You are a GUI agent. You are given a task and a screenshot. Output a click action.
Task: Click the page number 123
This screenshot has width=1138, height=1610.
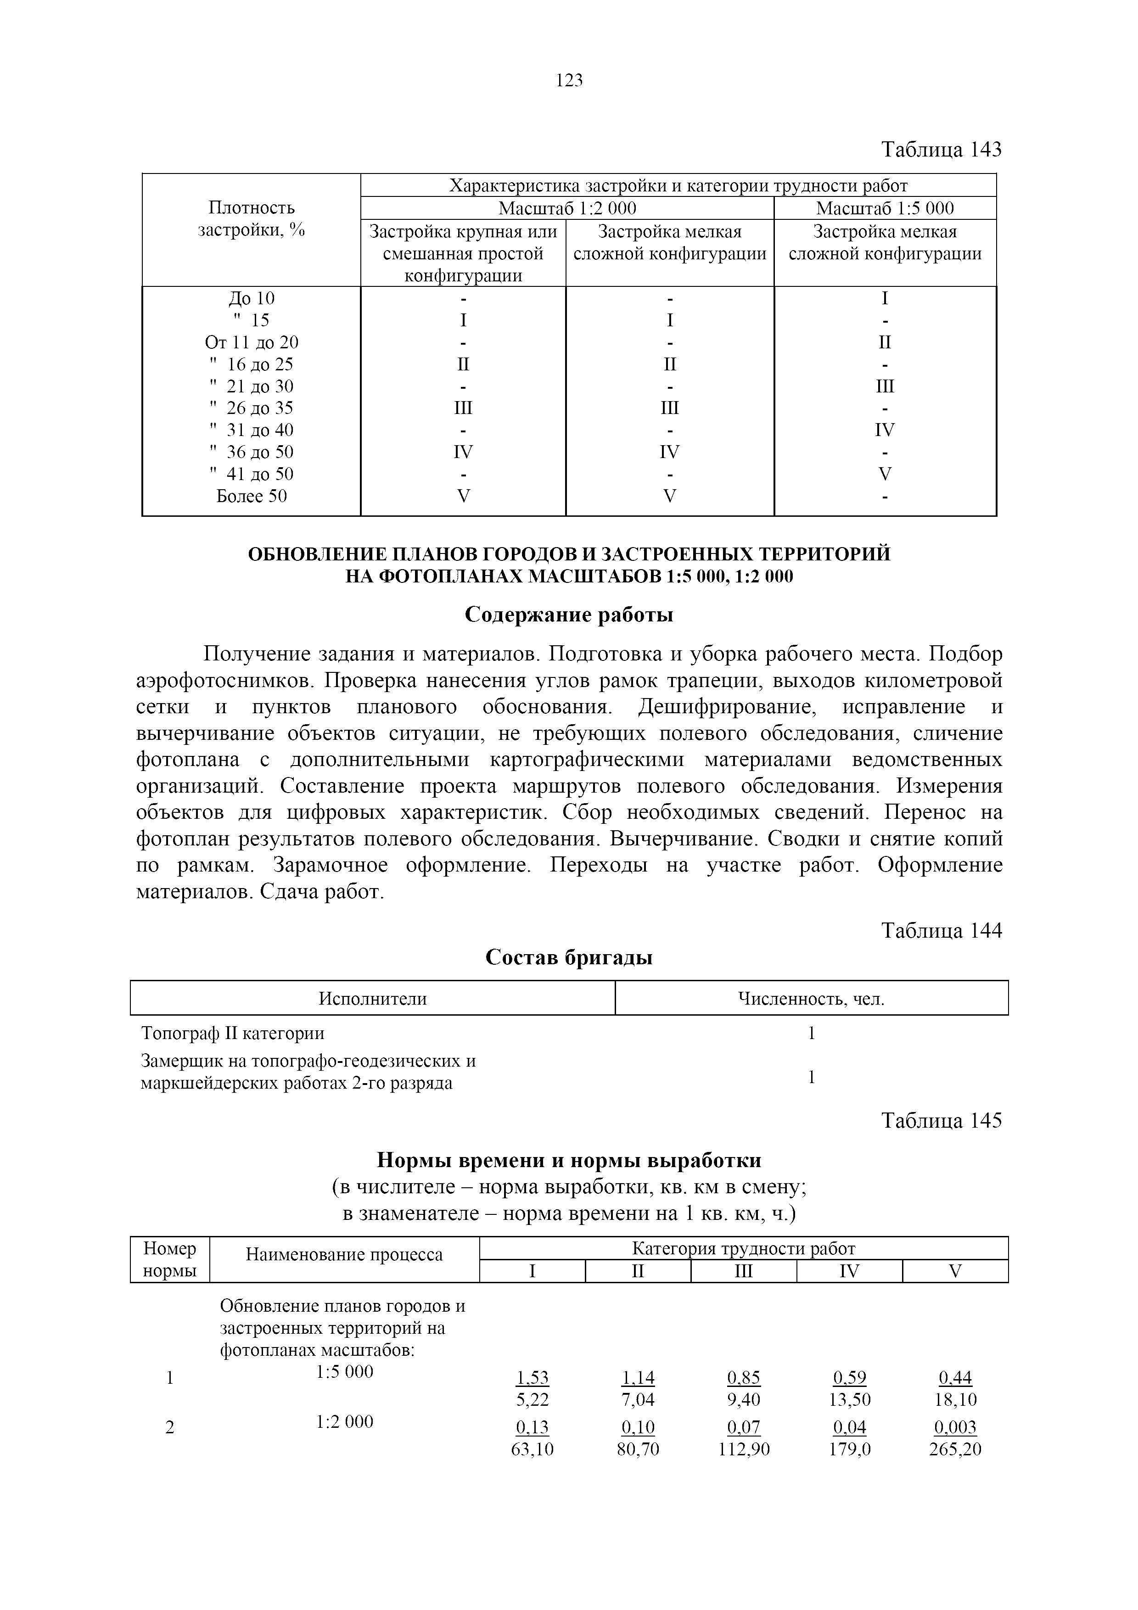569,81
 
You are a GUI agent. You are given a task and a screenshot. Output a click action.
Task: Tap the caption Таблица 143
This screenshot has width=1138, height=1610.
941,149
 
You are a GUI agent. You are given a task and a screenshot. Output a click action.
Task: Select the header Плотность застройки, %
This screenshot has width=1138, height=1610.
251,219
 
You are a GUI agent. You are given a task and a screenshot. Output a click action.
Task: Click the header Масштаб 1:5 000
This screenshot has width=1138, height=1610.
885,208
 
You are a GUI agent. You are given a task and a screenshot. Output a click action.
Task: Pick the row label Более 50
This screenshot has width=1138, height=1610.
251,497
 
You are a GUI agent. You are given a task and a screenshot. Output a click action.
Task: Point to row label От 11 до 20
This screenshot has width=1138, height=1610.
251,342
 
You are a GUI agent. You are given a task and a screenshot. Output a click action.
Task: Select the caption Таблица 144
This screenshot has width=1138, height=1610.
941,930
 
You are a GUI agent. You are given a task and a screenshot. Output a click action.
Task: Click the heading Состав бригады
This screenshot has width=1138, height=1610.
569,958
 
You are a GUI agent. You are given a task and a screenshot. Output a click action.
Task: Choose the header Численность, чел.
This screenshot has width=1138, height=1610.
811,999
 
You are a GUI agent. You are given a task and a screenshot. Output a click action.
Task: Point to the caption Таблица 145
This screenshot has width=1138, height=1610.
941,1121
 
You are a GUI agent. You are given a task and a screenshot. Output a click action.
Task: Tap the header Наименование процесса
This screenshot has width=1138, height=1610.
344,1254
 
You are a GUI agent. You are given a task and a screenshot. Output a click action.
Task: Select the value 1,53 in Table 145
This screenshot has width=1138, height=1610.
532,1378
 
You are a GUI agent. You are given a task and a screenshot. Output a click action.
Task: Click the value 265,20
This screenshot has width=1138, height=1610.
955,1449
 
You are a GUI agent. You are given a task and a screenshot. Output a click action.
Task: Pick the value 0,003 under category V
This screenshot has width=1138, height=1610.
955,1427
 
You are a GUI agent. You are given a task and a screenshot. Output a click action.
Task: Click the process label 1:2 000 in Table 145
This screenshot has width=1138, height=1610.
344,1421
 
